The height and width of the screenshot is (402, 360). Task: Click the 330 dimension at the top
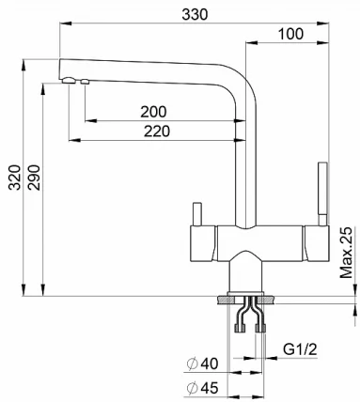coord(193,14)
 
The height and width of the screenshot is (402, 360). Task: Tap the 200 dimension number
coord(154,112)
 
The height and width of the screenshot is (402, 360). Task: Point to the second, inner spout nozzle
coord(85,84)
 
